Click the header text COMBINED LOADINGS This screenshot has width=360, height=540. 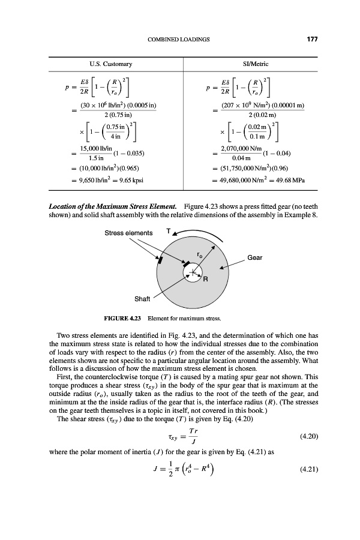[x=178, y=40]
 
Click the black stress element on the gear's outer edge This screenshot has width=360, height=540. [x=160, y=260]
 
